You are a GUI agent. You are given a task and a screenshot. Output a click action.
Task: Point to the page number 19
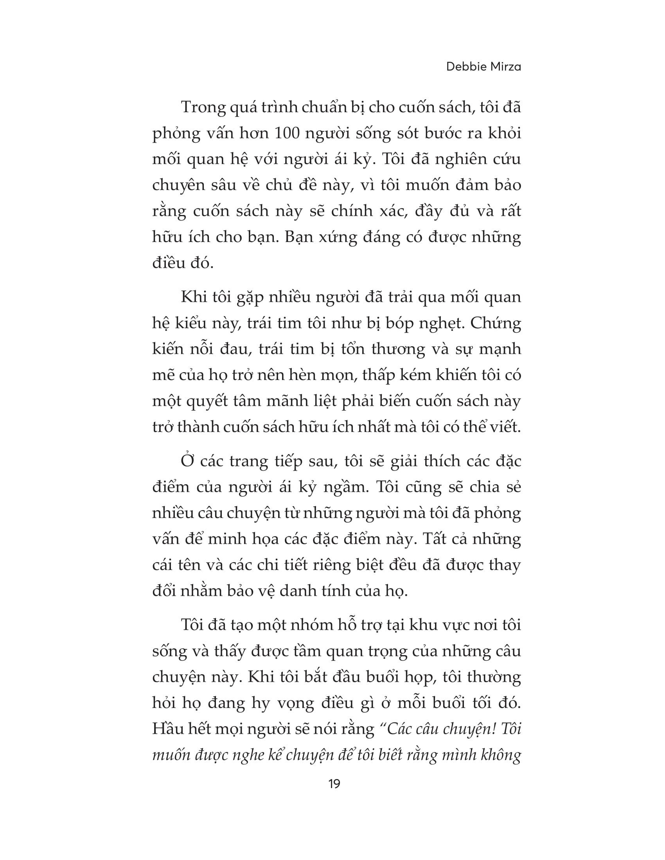tap(334, 784)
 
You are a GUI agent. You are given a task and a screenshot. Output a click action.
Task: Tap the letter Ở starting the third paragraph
tap(187, 461)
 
